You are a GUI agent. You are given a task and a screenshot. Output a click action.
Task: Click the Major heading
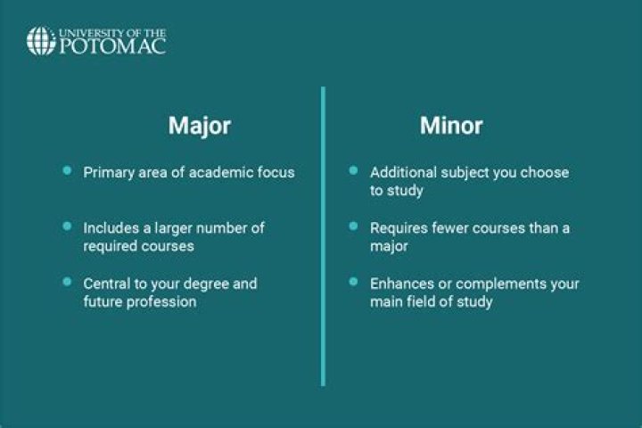pos(199,126)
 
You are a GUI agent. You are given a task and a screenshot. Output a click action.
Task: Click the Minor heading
pos(451,126)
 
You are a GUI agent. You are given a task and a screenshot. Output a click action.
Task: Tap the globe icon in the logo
pos(41,41)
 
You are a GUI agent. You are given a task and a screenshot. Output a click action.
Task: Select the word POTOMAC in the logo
pos(112,46)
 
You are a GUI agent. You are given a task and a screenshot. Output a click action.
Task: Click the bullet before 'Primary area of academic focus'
pos(67,170)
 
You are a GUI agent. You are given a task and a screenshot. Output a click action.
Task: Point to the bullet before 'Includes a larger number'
pos(67,226)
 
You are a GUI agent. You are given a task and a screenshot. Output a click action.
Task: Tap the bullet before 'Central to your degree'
pos(67,282)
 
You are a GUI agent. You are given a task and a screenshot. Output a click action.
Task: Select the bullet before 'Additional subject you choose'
pos(353,170)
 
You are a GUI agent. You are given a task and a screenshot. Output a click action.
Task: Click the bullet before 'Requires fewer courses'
pos(353,226)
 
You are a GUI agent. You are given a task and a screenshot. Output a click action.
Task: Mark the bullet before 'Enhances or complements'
pos(353,282)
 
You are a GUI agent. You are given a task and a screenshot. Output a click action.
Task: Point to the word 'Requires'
pos(399,227)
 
